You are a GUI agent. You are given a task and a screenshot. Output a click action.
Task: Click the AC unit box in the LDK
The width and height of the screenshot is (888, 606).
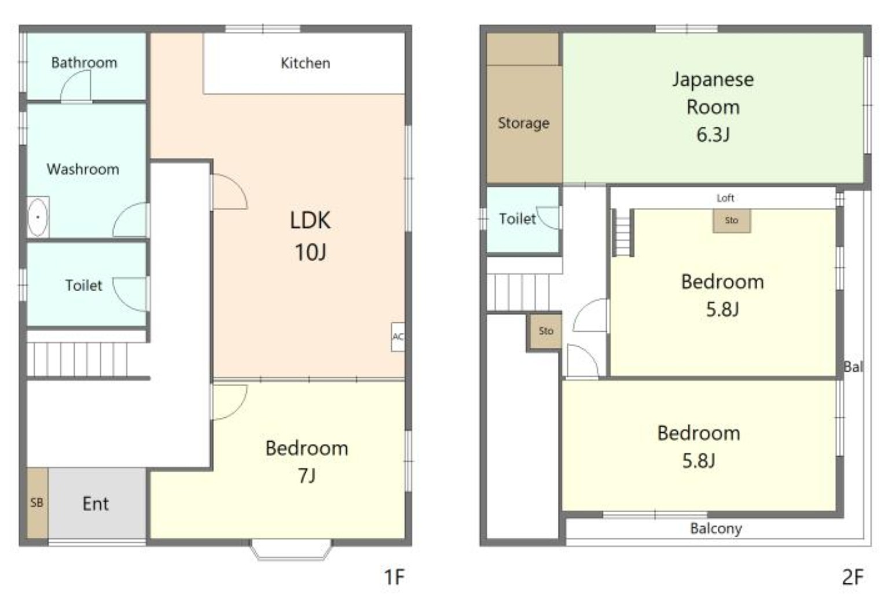398,337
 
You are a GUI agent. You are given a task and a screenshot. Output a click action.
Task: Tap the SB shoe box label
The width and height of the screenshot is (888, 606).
37,502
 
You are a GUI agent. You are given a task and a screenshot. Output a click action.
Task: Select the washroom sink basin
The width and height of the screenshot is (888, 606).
38,217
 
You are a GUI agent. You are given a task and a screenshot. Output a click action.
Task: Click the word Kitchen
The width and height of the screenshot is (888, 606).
305,63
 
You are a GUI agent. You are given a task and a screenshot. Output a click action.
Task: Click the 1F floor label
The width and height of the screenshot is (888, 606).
394,577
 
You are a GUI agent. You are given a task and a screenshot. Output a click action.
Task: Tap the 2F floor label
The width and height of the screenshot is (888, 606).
853,577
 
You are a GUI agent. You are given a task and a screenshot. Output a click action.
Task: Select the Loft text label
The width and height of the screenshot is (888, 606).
725,198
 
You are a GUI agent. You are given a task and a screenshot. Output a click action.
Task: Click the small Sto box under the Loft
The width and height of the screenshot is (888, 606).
731,221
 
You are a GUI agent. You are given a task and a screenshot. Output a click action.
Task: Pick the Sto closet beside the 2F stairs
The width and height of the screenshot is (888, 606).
545,331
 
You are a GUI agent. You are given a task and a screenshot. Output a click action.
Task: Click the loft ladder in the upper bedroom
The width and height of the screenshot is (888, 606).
623,233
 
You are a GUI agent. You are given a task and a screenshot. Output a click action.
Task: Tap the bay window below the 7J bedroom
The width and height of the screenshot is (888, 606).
291,550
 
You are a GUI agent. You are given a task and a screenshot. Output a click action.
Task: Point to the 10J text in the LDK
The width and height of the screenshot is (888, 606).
310,252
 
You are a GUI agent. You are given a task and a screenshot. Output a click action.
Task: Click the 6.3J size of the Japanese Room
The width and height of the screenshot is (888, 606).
713,135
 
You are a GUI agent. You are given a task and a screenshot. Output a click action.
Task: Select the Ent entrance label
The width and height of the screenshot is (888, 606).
96,504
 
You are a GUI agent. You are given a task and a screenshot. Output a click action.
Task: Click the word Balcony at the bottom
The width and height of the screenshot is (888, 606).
716,528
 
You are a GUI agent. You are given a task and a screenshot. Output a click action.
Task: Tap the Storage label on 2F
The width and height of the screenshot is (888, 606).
524,123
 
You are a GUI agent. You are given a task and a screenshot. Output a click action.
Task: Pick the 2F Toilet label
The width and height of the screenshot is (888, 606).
518,219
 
